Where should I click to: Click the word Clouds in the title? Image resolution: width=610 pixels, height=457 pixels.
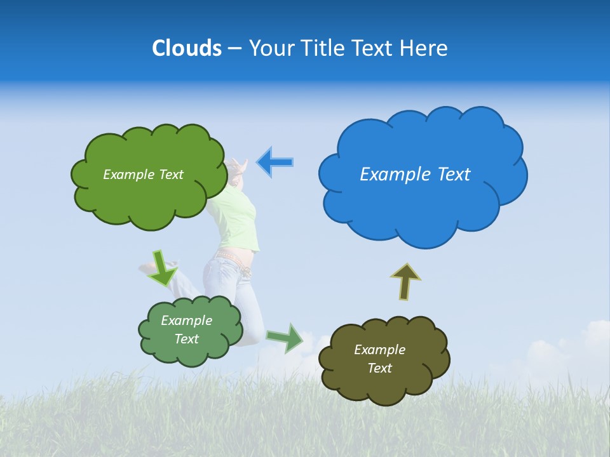click(187, 48)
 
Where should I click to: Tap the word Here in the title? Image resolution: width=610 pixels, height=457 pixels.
click(425, 48)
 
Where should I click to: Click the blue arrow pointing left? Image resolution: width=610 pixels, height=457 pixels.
click(275, 162)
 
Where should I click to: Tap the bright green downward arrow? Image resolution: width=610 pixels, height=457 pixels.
click(163, 267)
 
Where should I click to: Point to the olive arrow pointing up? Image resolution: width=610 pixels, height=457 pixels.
click(405, 281)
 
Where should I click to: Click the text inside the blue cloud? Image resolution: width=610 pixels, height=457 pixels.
click(415, 175)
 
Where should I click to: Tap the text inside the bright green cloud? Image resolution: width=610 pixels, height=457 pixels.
click(143, 175)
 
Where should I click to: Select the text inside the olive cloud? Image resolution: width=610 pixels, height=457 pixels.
click(379, 359)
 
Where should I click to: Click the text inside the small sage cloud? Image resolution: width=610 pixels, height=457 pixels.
click(186, 329)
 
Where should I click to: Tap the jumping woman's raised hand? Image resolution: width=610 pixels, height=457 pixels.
click(238, 166)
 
